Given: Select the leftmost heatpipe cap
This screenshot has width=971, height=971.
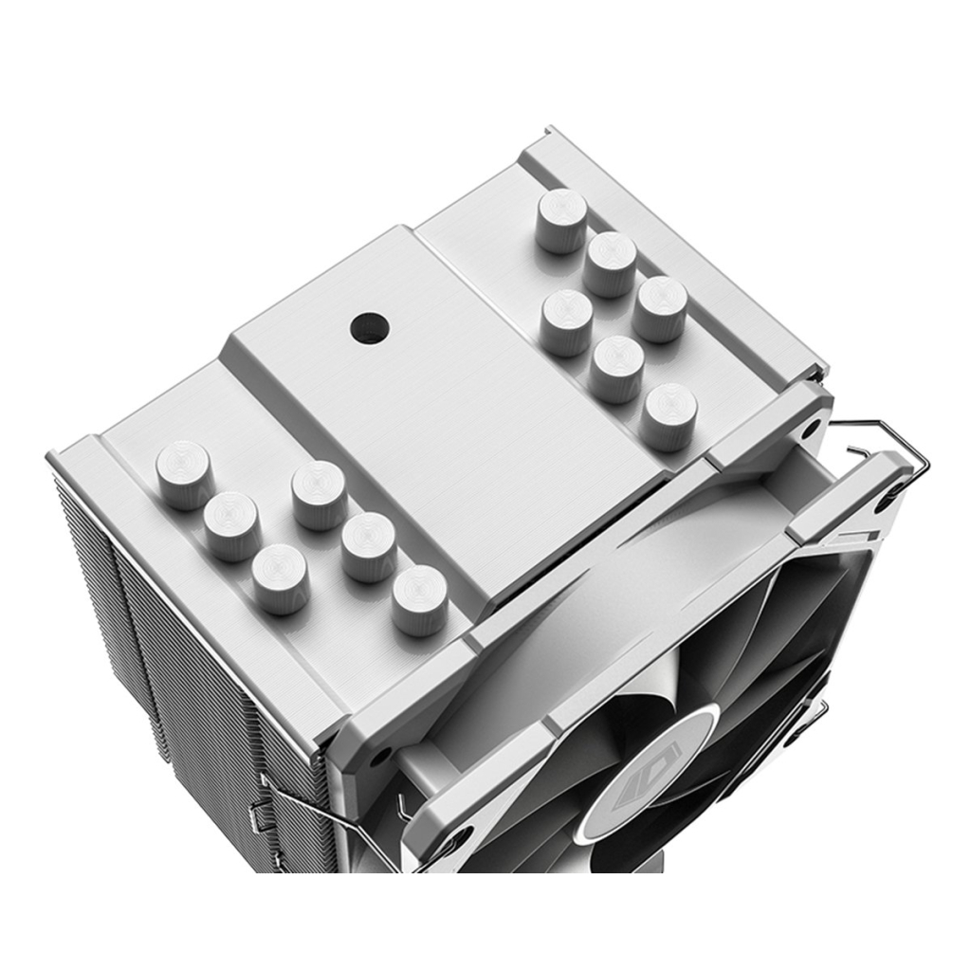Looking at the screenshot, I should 184,474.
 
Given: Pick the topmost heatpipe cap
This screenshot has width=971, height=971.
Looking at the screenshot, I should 561,220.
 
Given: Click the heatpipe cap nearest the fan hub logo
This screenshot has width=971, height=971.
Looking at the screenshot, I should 420,599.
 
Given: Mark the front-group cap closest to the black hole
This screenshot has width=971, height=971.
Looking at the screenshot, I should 320,494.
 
